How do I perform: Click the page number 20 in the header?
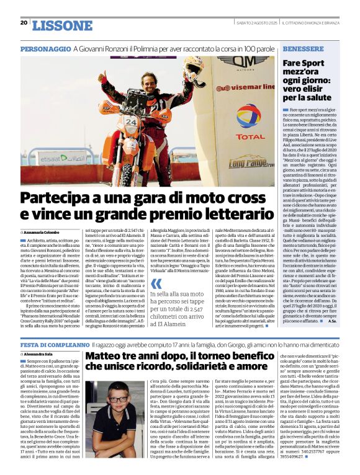(x=24, y=23)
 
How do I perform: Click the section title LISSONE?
(x=61, y=25)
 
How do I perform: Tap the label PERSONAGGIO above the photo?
(x=45, y=48)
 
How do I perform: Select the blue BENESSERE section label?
(x=303, y=48)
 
